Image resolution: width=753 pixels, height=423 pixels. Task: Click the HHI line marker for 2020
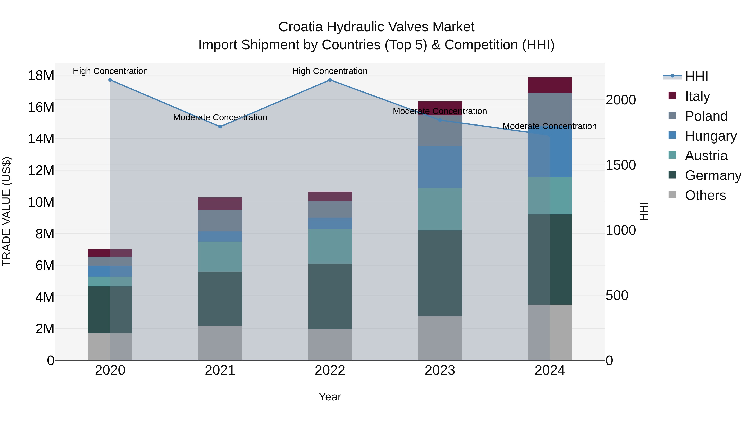tap(110, 80)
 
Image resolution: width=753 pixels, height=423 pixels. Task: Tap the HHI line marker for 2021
tap(220, 127)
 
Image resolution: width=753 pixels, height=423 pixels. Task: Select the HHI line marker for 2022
tap(330, 80)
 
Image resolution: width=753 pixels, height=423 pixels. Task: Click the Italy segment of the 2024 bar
tap(550, 85)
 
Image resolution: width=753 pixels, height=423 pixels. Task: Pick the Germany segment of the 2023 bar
tap(440, 273)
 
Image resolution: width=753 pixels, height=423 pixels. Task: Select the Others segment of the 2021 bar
tap(220, 343)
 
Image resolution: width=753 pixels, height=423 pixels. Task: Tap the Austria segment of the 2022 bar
tap(330, 246)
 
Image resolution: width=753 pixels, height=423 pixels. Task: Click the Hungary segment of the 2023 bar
tap(440, 167)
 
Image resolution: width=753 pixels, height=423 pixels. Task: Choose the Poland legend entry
tap(706, 116)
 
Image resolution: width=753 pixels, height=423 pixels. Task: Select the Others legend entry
tap(705, 195)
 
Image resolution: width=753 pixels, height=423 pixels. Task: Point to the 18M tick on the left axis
tap(41, 76)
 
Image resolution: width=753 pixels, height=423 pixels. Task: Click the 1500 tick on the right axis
tap(621, 165)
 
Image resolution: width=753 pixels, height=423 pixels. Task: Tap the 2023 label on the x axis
tap(440, 370)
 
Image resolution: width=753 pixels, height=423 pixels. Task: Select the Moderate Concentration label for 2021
tap(220, 117)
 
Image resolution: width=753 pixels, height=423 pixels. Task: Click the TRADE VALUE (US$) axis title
tap(6, 211)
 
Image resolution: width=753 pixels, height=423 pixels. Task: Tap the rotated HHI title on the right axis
tap(644, 211)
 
